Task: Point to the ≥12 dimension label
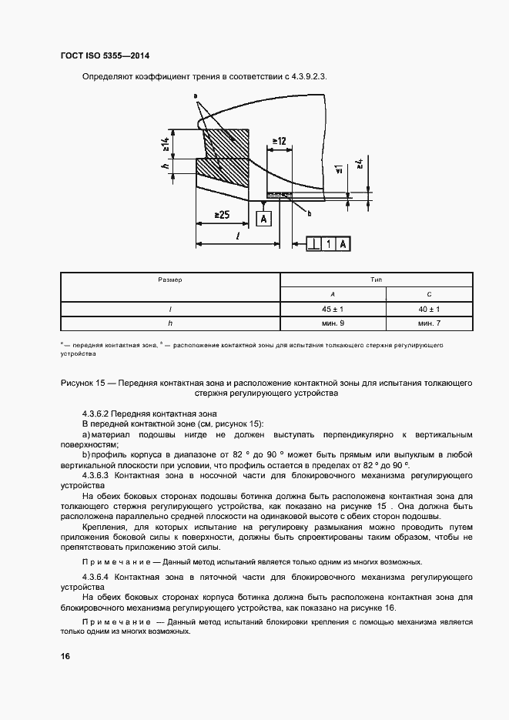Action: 278,141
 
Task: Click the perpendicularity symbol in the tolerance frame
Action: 314,244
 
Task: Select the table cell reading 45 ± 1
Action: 333,309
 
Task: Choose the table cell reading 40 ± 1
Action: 428,309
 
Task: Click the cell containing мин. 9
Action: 333,323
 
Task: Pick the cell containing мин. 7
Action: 428,323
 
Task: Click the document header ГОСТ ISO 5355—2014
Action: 105,56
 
